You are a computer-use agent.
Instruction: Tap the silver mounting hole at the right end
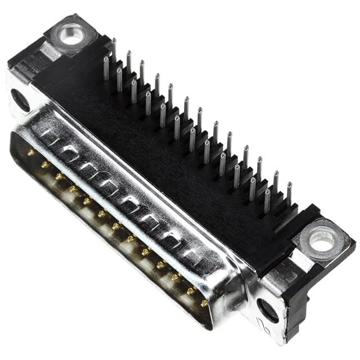click(x=322, y=241)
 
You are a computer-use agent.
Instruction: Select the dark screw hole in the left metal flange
click(x=21, y=100)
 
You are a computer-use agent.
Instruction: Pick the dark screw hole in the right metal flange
click(x=267, y=309)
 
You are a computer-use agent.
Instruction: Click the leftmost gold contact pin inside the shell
click(x=31, y=152)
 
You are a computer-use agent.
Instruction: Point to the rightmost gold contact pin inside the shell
click(x=204, y=303)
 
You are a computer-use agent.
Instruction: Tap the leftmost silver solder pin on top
click(x=106, y=67)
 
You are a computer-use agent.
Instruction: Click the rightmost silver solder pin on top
click(x=289, y=194)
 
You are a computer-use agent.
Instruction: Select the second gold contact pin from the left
click(x=45, y=165)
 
